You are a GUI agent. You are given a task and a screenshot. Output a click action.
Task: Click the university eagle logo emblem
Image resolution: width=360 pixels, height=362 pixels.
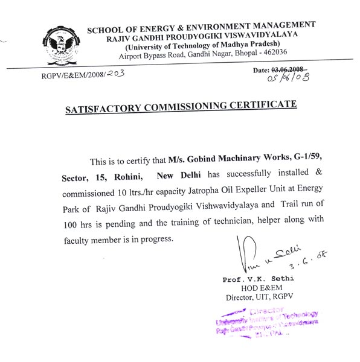coord(60,44)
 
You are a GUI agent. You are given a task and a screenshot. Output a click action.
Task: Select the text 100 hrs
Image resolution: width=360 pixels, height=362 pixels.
coord(76,224)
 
